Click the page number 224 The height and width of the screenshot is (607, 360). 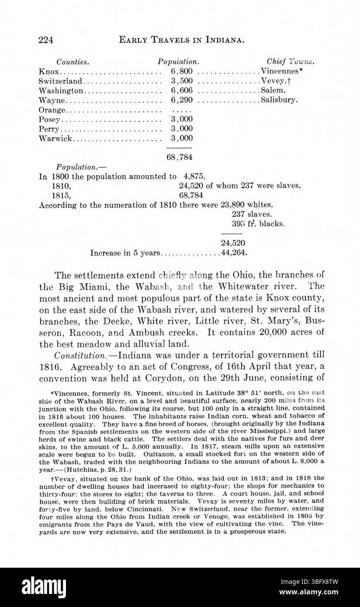[46, 40]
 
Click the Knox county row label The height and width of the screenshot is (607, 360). [48, 71]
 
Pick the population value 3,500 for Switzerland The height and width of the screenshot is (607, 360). [182, 81]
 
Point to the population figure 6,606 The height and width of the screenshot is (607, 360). [182, 90]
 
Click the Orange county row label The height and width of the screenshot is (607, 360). [52, 110]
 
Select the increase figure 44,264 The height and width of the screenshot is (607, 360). [235, 253]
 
